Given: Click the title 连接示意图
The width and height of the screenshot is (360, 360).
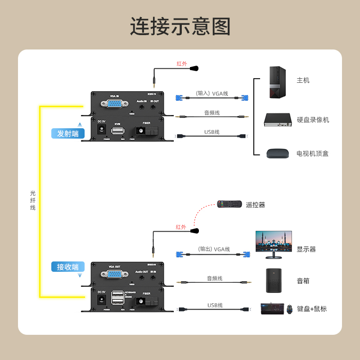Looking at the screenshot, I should coord(180,27).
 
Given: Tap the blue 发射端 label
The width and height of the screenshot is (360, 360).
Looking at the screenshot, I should coord(68,133).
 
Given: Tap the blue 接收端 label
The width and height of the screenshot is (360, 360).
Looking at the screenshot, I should coord(68,267).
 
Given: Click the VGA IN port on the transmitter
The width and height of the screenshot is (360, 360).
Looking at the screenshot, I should coord(114,104).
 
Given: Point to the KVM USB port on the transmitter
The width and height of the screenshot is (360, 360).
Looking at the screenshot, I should coord(118,131).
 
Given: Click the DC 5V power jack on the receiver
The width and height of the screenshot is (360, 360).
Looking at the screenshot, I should coord(101,300).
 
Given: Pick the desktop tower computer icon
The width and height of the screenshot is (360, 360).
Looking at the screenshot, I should coord(277,82).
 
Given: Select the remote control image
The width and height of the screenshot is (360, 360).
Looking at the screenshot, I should coord(229,204).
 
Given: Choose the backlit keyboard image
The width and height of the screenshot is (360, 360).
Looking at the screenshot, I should coord(272,309).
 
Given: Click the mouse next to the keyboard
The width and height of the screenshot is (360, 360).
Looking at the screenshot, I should coord(289,309).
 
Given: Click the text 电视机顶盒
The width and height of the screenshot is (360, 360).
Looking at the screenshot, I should coord(312,153).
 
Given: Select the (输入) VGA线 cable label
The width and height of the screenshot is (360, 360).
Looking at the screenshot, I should coord(212,94).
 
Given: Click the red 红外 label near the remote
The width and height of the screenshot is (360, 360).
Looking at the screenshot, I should coord(181,227).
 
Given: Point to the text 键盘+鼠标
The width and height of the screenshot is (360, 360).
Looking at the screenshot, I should coord(312,309).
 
